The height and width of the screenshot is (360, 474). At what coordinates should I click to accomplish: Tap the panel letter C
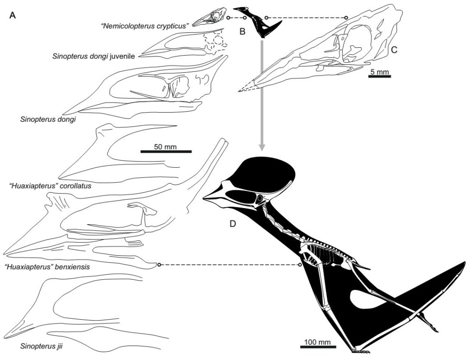(x=394, y=50)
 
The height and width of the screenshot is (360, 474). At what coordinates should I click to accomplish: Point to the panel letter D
(x=233, y=224)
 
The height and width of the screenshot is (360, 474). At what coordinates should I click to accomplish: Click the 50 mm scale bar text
(x=165, y=147)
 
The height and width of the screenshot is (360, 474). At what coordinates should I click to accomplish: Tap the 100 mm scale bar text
(x=317, y=342)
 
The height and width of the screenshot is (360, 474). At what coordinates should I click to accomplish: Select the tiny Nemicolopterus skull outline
(x=209, y=17)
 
